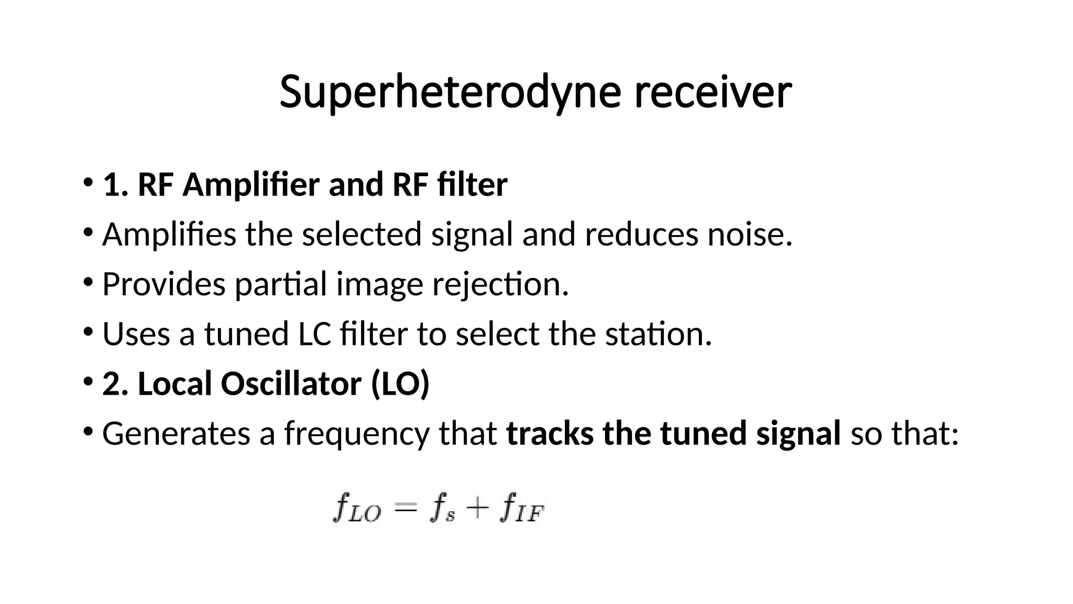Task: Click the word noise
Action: [749, 234]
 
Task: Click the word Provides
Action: [163, 284]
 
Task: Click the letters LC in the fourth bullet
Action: [314, 334]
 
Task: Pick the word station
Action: [658, 334]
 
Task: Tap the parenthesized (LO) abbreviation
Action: [400, 384]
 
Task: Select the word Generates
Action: [176, 434]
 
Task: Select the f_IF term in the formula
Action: [522, 509]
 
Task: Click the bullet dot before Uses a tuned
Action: [87, 332]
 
